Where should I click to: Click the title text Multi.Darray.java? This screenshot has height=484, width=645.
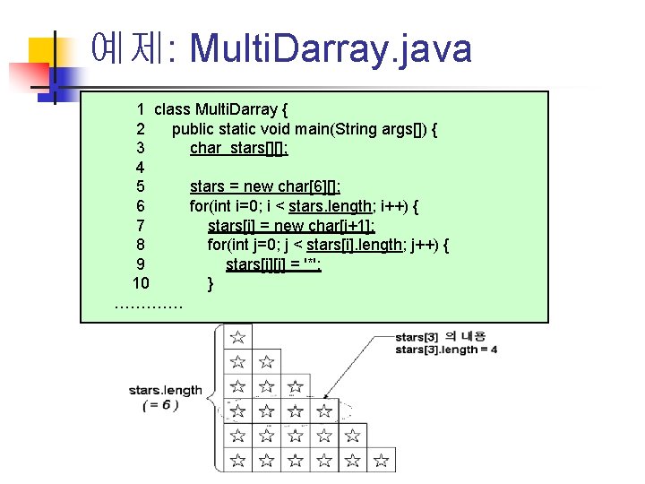(x=331, y=48)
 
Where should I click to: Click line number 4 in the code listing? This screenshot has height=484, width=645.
(x=140, y=168)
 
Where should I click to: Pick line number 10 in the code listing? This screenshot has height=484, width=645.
(x=141, y=284)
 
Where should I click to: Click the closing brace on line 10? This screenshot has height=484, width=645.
(x=211, y=284)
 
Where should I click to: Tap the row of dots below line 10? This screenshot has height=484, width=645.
(x=149, y=305)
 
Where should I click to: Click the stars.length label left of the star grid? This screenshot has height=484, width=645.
(x=165, y=390)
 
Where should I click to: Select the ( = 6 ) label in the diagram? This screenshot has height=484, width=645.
(x=161, y=405)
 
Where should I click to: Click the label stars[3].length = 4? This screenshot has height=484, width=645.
(x=446, y=350)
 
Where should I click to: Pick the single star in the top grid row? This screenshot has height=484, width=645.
(x=237, y=338)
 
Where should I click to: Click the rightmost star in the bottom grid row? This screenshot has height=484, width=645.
(x=381, y=462)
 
